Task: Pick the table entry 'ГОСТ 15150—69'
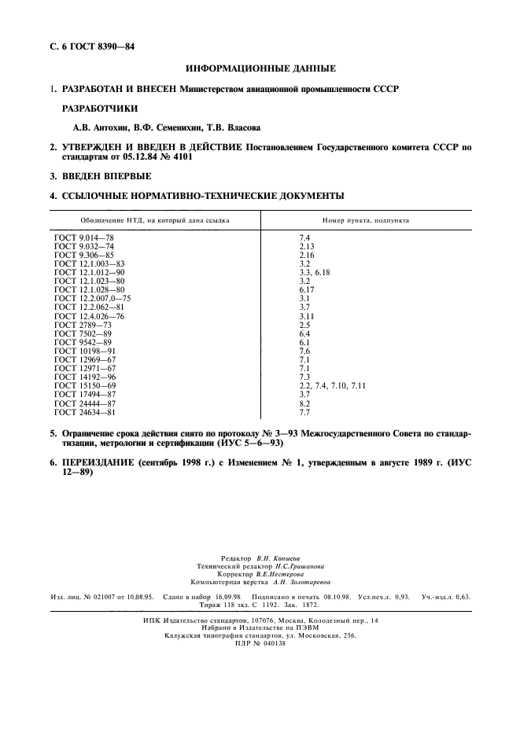click(85, 385)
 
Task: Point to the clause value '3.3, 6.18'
click(315, 272)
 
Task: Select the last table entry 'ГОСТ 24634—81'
click(85, 411)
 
